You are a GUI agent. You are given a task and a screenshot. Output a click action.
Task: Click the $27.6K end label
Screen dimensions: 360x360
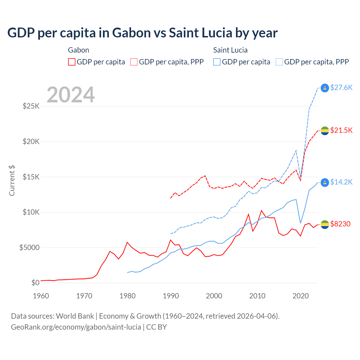341,87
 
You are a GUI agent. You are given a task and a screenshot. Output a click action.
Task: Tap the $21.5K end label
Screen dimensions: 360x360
341,130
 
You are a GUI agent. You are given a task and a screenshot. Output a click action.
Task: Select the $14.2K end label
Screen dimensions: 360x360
341,182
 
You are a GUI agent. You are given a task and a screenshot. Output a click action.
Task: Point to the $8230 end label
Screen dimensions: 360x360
340,224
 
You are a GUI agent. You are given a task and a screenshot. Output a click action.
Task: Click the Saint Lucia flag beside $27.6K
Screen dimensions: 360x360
325,88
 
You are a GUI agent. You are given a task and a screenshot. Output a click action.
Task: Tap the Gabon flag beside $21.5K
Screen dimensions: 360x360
325,130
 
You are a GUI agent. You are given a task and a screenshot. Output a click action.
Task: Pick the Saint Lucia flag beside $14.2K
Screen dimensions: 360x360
325,182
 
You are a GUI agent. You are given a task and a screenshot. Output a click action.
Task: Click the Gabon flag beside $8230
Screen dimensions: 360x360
325,224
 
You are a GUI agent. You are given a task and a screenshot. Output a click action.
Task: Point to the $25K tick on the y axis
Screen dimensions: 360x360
31,106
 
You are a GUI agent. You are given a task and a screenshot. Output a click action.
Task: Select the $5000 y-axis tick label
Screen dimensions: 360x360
29,247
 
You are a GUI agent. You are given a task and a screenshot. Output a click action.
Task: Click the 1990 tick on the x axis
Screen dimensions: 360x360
171,296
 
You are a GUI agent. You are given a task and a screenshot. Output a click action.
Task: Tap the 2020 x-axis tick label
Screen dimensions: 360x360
301,296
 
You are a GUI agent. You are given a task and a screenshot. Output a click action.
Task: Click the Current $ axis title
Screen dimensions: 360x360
12,181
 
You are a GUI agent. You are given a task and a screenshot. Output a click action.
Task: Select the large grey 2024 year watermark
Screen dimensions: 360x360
71,95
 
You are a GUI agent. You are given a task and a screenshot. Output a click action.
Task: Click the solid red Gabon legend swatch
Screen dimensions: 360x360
72,62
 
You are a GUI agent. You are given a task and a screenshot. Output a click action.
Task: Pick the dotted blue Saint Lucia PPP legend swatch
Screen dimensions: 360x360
279,62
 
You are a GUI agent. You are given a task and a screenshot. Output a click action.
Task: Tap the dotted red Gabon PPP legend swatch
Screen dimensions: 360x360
134,62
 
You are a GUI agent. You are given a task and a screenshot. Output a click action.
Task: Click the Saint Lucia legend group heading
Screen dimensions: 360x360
230,50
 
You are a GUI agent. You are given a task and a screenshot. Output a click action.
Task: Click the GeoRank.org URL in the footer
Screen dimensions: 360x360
76,327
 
